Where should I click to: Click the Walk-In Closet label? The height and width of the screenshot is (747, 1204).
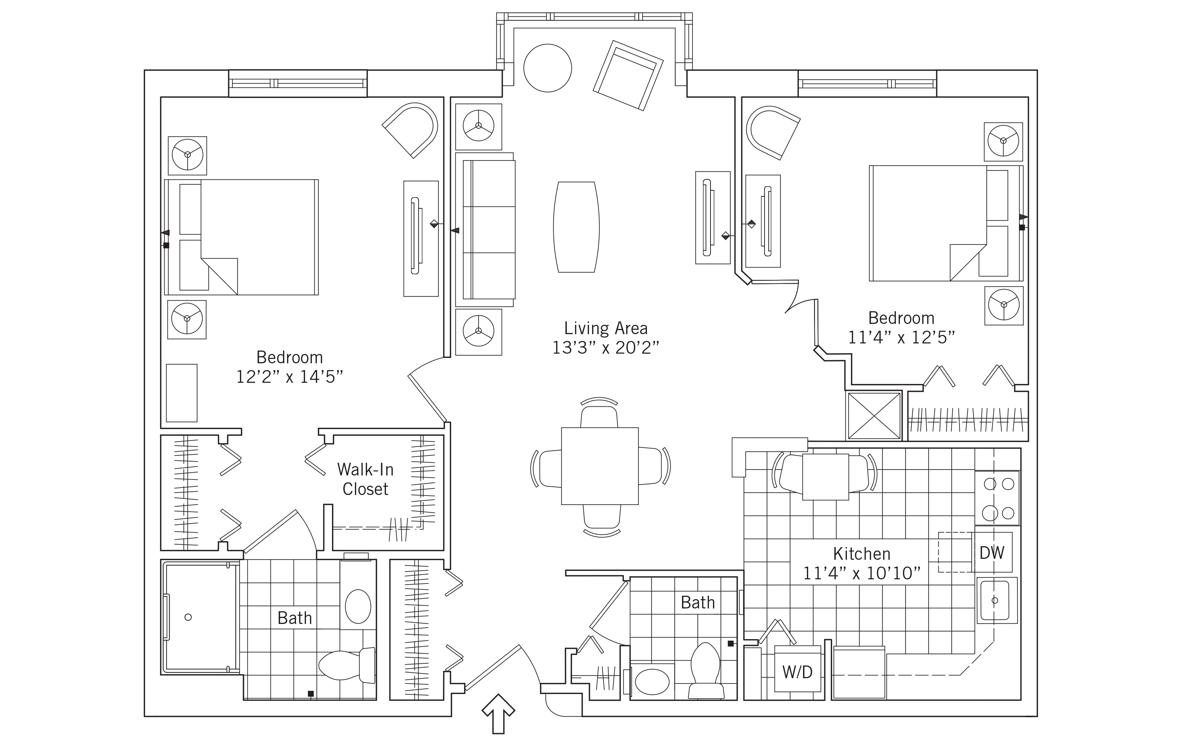tap(365, 479)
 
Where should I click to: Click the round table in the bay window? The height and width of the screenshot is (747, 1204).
tap(547, 68)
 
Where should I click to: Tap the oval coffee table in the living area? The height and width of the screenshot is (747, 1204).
tap(576, 227)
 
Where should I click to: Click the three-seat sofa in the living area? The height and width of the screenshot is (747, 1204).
tap(489, 230)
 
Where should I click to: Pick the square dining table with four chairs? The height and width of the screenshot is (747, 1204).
tap(600, 466)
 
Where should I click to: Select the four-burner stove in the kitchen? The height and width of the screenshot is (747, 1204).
tap(997, 498)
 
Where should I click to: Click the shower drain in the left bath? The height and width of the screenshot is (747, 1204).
tap(188, 617)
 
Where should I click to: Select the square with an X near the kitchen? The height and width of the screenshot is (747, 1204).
tap(874, 415)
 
